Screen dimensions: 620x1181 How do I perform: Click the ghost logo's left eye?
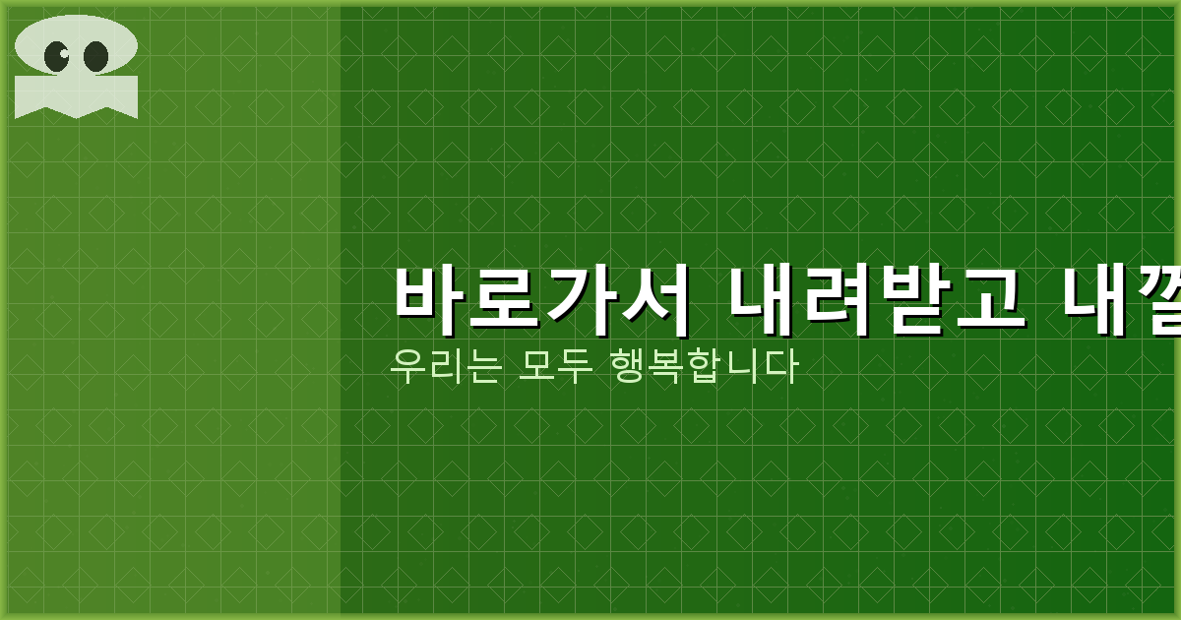pyautogui.click(x=58, y=55)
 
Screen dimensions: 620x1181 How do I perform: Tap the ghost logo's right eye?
pyautogui.click(x=95, y=56)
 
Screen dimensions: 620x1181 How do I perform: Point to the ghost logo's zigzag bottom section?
pyautogui.click(x=76, y=97)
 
